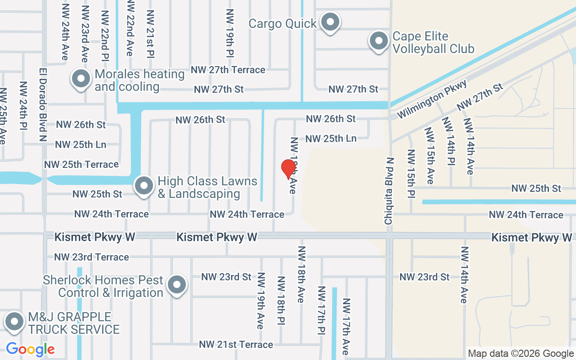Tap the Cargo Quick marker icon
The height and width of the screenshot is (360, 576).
331,22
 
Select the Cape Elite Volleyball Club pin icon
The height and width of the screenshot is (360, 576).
379,41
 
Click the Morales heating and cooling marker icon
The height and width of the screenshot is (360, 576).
81,79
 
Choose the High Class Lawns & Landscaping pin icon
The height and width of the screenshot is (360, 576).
144,185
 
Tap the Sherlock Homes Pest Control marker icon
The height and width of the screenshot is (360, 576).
177,285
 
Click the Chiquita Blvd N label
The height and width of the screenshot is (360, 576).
389,191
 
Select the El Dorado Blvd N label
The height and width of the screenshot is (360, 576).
43,105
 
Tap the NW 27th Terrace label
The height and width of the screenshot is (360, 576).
228,70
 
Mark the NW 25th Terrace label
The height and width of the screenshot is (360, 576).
81,165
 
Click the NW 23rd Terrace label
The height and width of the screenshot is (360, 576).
91,257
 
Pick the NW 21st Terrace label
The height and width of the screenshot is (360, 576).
236,344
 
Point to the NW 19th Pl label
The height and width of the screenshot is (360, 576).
230,33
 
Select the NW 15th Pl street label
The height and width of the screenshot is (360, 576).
411,173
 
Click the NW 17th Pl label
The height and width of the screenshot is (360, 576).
321,310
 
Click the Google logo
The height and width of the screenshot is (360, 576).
30,349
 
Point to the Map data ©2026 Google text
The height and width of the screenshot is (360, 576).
521,354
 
